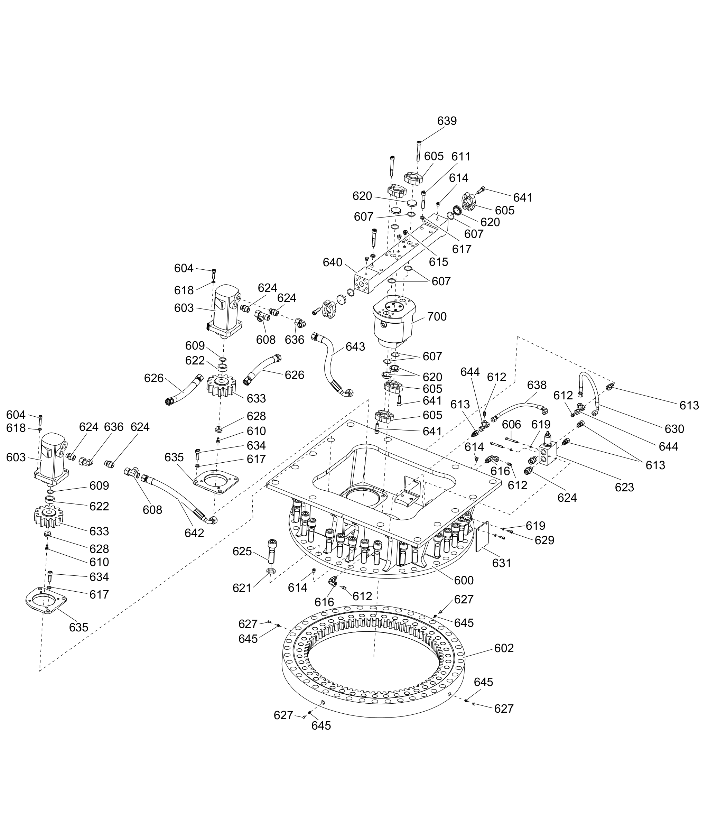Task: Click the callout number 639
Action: pos(447,121)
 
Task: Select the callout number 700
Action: pos(437,317)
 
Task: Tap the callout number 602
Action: pos(504,648)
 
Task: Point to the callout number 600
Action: pos(464,581)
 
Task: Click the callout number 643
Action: pos(355,347)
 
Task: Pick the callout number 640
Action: pos(332,262)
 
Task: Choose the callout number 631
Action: pos(502,563)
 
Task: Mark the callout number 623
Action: pos(625,487)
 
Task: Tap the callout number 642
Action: pos(194,533)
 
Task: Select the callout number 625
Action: pos(242,552)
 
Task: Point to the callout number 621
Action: pos(242,588)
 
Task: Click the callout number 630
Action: pos(674,429)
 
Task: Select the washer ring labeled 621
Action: pos(271,571)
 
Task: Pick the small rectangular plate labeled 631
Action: pos(482,536)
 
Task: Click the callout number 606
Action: pos(511,424)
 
